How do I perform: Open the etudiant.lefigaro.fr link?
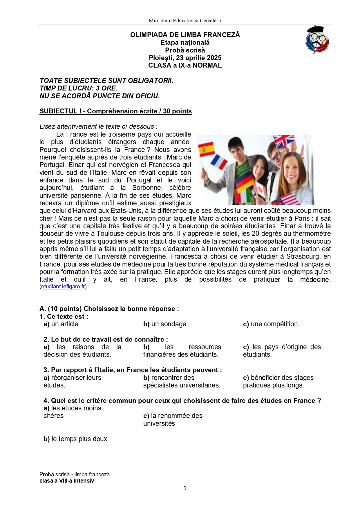pos(63,287)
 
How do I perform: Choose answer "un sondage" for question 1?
pos(169,324)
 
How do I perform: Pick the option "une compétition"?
pos(275,324)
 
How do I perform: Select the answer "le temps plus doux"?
pos(79,439)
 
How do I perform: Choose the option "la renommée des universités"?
pos(173,419)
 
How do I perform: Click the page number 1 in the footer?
pos(185,488)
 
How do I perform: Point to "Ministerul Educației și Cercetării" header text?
pos(185,21)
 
